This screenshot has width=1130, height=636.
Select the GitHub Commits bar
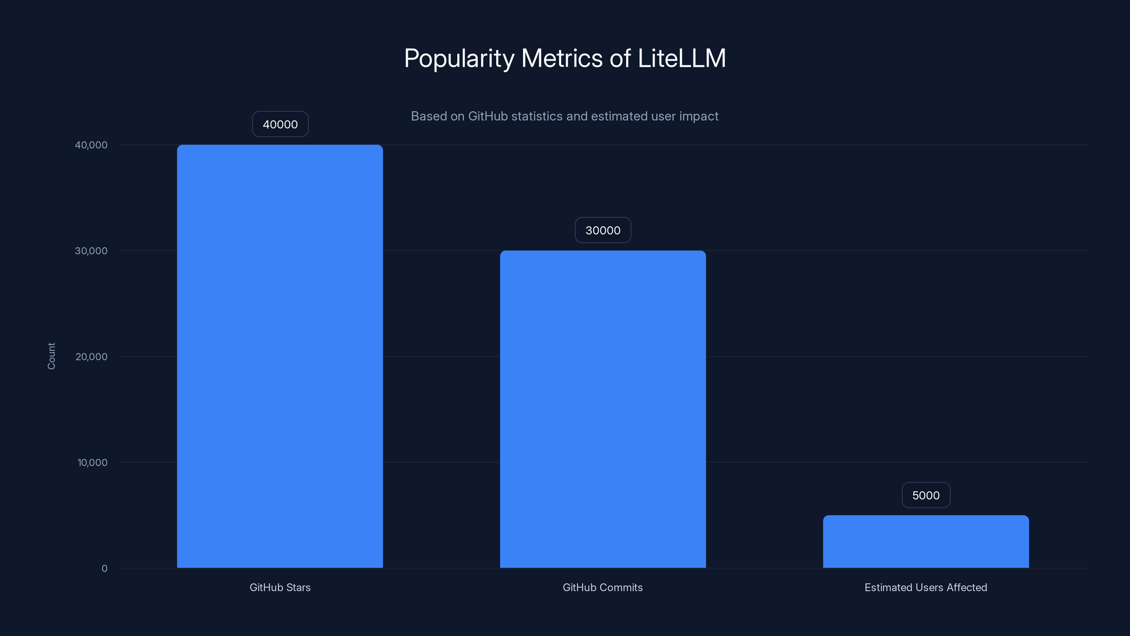[x=603, y=409]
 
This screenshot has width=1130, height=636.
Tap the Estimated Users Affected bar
[x=926, y=541]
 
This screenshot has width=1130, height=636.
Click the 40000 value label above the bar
[x=280, y=124]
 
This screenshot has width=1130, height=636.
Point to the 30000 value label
[x=603, y=230]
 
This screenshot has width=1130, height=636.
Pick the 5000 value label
[x=926, y=495]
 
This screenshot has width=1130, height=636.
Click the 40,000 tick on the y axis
[x=91, y=145]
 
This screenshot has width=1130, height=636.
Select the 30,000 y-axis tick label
[x=91, y=251]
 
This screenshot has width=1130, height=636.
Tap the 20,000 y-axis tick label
[x=91, y=357]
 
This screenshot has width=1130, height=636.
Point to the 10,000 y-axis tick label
[x=92, y=462]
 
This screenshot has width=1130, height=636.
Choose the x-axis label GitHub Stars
[x=280, y=587]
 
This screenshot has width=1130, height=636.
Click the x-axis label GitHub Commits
[x=603, y=587]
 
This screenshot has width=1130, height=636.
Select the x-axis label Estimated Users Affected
[x=926, y=587]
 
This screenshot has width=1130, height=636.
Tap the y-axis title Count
[x=51, y=356]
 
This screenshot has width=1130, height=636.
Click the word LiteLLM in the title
[x=681, y=58]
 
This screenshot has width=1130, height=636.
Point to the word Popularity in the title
[x=459, y=59]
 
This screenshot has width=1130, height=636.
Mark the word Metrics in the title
[x=562, y=58]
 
